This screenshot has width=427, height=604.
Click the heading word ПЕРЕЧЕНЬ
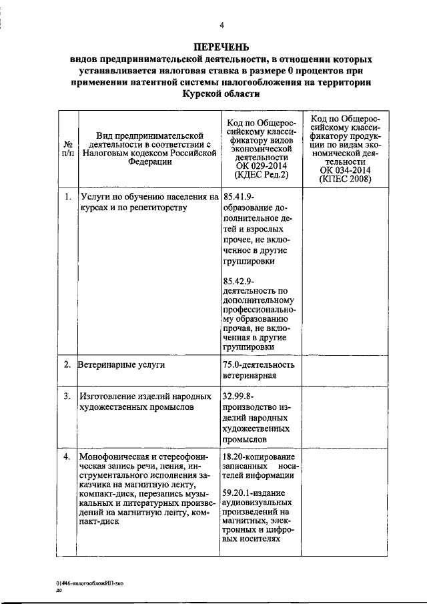point(221,47)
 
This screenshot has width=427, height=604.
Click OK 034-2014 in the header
point(345,170)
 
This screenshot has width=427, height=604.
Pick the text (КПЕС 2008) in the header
point(345,179)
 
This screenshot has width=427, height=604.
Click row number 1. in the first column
point(67,197)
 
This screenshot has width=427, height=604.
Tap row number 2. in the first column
point(67,365)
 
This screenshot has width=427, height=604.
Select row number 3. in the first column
point(67,396)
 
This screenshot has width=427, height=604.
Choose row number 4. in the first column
point(67,457)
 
